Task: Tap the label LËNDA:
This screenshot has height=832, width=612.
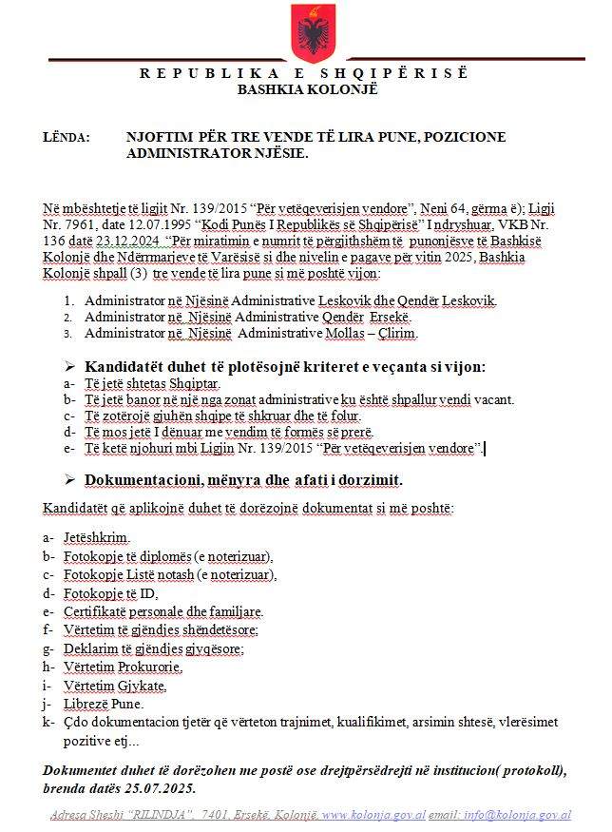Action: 66,137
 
